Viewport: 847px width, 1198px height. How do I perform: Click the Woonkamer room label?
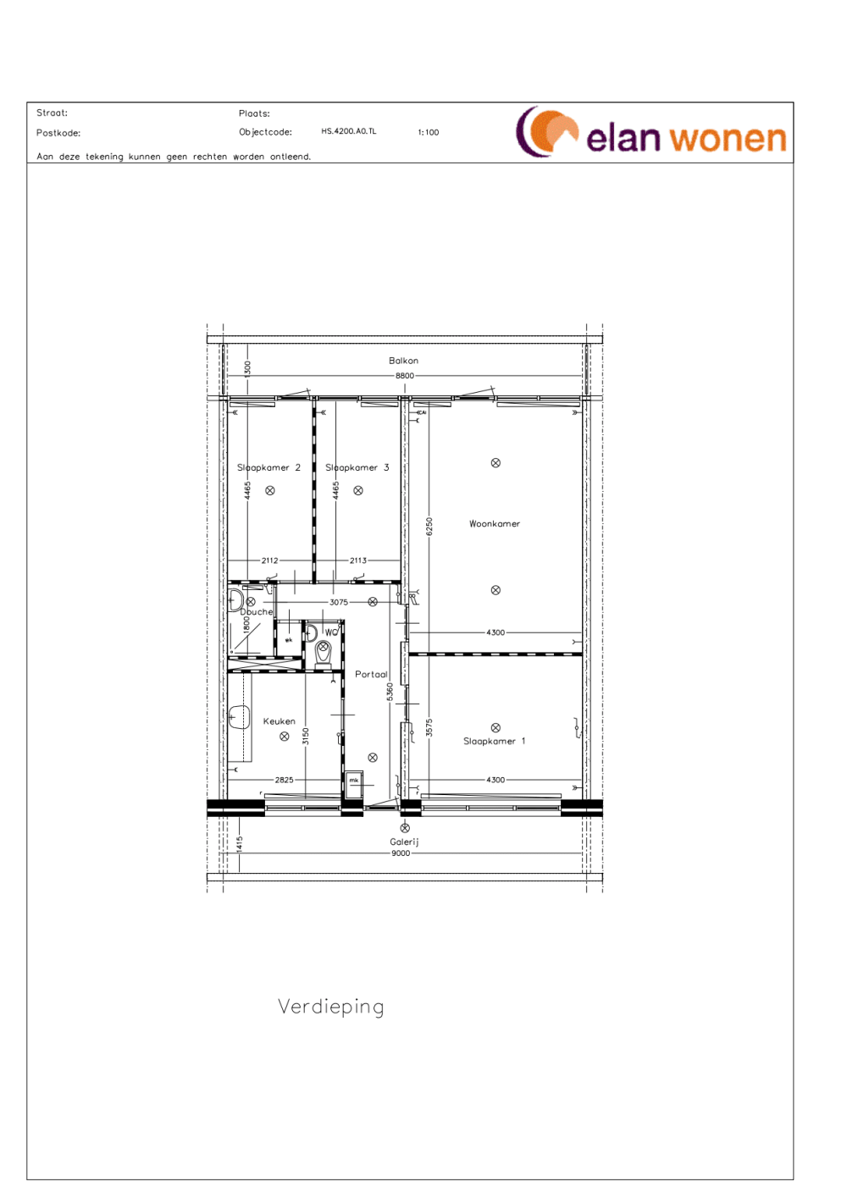[495, 524]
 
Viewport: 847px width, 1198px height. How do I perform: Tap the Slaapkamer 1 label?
[494, 742]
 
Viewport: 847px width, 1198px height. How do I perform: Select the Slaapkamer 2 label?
[268, 468]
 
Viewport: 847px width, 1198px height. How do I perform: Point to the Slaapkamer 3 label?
[357, 468]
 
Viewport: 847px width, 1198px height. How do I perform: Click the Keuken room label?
[279, 722]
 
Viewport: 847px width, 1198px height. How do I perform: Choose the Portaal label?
[371, 675]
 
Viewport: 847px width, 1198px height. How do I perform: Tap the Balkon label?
[403, 361]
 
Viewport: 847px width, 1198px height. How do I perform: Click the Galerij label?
[404, 842]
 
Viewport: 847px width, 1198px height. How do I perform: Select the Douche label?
[257, 612]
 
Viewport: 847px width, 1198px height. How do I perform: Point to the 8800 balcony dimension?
[405, 376]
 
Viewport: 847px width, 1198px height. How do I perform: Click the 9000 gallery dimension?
[401, 853]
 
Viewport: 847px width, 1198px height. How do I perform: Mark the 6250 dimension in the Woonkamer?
[429, 527]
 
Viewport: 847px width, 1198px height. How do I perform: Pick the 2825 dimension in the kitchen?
[284, 781]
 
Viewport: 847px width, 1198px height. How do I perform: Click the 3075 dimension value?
[339, 603]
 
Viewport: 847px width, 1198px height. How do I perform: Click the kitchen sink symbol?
[239, 718]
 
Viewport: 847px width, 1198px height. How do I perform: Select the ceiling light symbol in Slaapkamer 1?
[495, 728]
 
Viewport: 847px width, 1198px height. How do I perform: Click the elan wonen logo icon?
[545, 132]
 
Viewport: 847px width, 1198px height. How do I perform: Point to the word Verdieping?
[331, 1007]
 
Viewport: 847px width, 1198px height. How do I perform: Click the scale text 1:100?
[429, 133]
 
